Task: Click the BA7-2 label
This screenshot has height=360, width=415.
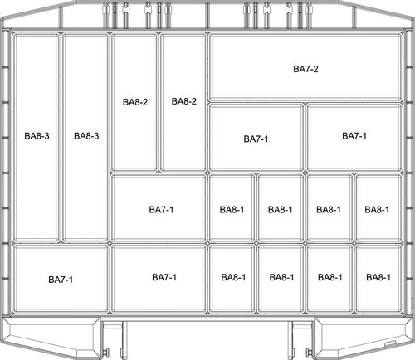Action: [x=305, y=69]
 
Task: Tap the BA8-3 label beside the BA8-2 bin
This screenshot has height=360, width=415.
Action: [x=86, y=136]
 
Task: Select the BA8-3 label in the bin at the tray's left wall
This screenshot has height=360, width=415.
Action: [x=37, y=136]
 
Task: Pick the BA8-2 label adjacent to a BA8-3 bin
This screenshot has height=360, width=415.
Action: [x=135, y=102]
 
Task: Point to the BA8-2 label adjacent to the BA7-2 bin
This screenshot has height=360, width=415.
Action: [x=184, y=101]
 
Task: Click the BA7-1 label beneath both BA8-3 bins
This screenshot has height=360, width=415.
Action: [x=61, y=280]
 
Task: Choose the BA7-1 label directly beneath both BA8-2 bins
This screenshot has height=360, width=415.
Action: [x=161, y=210]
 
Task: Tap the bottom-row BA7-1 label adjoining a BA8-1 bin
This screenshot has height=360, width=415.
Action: [x=164, y=277]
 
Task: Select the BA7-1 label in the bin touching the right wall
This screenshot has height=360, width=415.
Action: [x=354, y=136]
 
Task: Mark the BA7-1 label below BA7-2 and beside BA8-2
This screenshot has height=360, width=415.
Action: [x=256, y=139]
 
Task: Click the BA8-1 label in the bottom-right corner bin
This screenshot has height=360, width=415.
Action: [x=378, y=277]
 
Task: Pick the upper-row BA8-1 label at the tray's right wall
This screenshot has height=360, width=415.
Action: [x=377, y=210]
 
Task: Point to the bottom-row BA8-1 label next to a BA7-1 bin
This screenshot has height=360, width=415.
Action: [x=233, y=277]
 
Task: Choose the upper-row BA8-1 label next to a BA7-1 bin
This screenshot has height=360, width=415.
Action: [x=232, y=210]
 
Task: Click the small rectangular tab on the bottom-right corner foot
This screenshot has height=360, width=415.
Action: [x=390, y=343]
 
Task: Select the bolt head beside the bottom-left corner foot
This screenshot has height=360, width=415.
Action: [x=106, y=353]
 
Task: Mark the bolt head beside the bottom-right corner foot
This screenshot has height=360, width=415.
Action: [x=309, y=353]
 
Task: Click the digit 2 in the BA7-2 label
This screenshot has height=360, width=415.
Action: [x=315, y=69]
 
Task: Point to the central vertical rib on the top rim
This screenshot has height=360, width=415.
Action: [x=207, y=16]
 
